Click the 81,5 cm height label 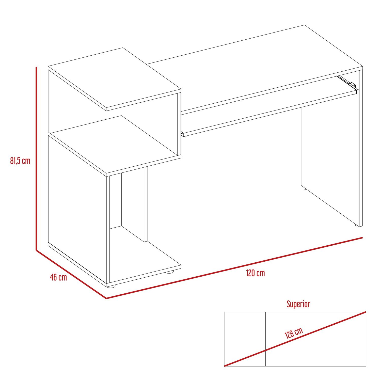(20, 161)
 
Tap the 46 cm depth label (59, 277)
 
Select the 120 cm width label (256, 273)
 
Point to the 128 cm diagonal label (294, 333)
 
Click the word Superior (298, 304)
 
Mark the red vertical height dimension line (37, 158)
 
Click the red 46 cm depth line (71, 274)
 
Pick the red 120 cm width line (234, 268)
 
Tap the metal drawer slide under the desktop (347, 82)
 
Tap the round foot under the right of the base (170, 272)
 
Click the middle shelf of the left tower (115, 146)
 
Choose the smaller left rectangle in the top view (245, 339)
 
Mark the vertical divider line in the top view (265, 339)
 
